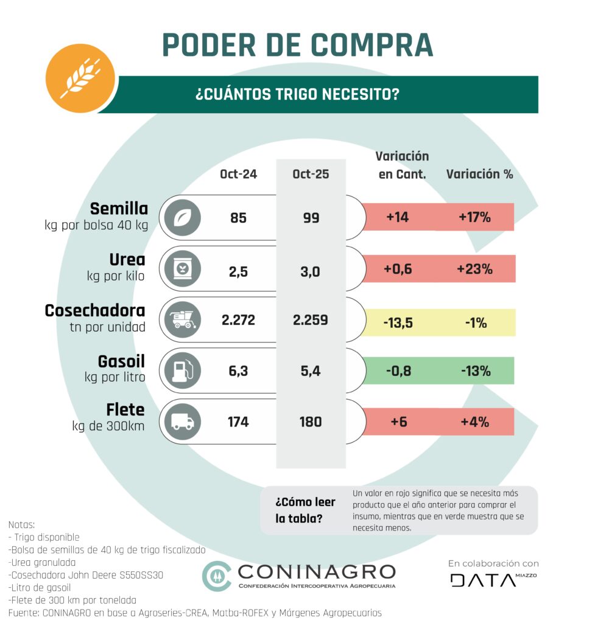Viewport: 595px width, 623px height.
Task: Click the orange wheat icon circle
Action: pyautogui.click(x=80, y=78)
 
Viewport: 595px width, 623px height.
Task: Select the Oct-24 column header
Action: pyautogui.click(x=238, y=174)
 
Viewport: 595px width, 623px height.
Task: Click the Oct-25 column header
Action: pyautogui.click(x=311, y=174)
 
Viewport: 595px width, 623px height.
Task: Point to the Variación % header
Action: pyautogui.click(x=479, y=174)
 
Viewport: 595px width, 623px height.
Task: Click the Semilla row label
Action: pyautogui.click(x=119, y=209)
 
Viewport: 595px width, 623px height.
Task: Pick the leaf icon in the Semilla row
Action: pyautogui.click(x=182, y=217)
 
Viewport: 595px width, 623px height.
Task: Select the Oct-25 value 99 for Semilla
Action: pyautogui.click(x=311, y=217)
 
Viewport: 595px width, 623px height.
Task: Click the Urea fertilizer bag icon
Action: pyautogui.click(x=182, y=269)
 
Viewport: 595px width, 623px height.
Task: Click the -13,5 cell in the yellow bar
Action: pyautogui.click(x=398, y=322)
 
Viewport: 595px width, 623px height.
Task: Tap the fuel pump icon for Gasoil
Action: pyautogui.click(x=182, y=371)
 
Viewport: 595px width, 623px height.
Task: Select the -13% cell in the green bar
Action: pyautogui.click(x=476, y=371)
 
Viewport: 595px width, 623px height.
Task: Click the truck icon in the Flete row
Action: pyautogui.click(x=182, y=422)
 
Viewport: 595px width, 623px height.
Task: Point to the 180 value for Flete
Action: pyautogui.click(x=311, y=422)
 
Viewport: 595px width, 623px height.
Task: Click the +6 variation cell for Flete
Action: pyautogui.click(x=398, y=422)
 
